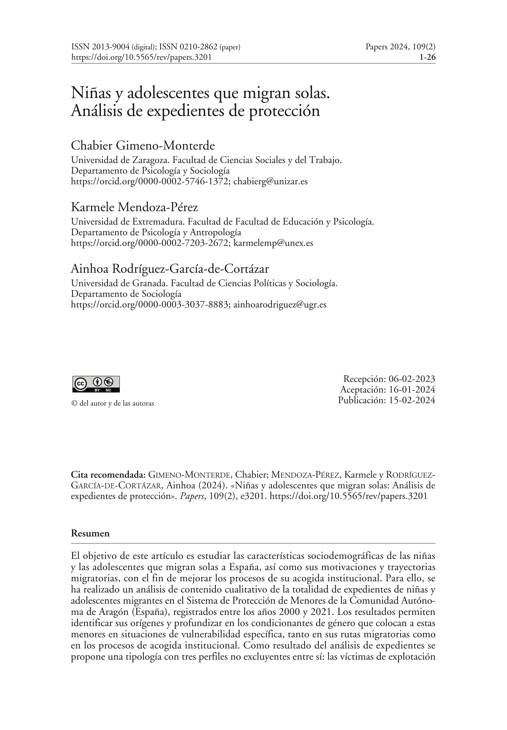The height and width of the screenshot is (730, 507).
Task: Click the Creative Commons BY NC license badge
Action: (x=96, y=384)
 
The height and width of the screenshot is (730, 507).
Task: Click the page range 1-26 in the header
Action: (x=427, y=57)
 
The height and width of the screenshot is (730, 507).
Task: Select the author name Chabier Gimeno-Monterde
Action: (x=143, y=146)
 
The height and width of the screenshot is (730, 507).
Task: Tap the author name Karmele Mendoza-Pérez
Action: (x=134, y=207)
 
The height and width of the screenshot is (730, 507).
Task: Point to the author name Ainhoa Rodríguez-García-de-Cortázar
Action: (x=170, y=269)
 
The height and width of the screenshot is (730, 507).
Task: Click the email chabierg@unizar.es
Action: (x=270, y=181)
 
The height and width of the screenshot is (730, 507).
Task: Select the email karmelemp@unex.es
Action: (x=273, y=243)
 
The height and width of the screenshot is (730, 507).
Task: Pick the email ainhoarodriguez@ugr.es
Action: (x=280, y=305)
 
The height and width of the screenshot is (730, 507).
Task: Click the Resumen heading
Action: (x=90, y=533)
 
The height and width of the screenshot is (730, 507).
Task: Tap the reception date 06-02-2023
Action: (x=412, y=379)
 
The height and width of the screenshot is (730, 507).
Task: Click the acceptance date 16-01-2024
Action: (x=412, y=389)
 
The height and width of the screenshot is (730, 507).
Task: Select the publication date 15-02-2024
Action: (x=412, y=400)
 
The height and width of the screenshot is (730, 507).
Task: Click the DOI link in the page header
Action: (x=141, y=57)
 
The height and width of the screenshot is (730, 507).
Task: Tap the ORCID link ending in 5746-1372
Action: (x=150, y=181)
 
